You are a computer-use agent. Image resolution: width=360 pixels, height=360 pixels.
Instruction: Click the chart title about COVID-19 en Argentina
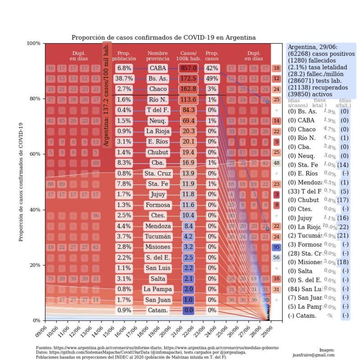[163, 38]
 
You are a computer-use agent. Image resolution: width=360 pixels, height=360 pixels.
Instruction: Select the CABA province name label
[158, 68]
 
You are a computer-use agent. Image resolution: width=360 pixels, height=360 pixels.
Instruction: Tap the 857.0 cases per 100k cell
[188, 68]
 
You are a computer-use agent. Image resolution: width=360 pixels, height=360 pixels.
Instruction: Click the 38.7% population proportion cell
[124, 79]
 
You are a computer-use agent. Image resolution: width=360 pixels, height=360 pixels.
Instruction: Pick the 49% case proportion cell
[211, 79]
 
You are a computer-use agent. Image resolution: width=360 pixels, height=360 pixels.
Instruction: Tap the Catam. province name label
[158, 310]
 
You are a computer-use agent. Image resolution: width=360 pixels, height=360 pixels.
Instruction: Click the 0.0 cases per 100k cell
[188, 310]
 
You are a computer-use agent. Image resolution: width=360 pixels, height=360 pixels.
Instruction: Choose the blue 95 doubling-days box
[277, 247]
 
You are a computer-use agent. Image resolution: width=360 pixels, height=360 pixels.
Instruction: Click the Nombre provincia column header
[158, 56]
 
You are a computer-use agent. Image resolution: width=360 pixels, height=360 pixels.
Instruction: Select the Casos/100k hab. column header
[188, 56]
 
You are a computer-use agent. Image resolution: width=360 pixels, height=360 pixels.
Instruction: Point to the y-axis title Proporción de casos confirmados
[22, 182]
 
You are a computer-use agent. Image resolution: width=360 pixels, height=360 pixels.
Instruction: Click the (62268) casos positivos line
[321, 54]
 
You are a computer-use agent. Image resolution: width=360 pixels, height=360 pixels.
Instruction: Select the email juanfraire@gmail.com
[313, 355]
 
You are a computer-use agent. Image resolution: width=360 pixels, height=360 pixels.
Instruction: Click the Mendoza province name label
[158, 226]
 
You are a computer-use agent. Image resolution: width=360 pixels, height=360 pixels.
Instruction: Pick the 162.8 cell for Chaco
[188, 89]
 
